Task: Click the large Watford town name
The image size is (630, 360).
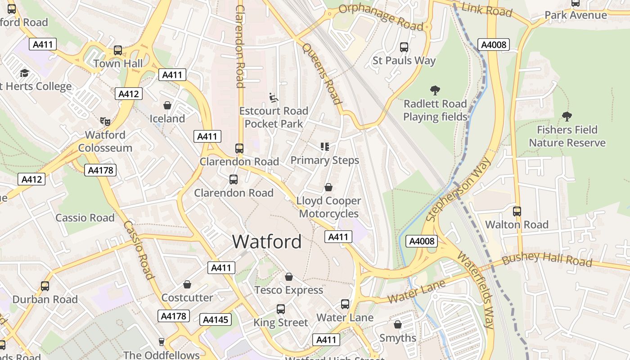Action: click(267, 242)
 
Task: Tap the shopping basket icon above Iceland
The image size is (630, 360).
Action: click(167, 105)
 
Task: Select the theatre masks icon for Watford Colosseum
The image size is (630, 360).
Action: click(105, 121)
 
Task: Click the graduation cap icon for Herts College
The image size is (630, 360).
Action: click(24, 73)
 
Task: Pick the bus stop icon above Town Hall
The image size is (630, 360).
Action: click(118, 50)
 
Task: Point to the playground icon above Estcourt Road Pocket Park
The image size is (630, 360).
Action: click(273, 98)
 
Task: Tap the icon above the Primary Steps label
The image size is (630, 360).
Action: click(324, 147)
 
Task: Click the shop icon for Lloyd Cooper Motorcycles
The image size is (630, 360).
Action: click(329, 187)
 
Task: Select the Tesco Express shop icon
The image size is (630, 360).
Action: click(289, 277)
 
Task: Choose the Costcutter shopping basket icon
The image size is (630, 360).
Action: click(187, 284)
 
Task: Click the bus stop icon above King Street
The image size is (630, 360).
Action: click(281, 309)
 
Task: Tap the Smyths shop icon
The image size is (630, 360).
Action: click(398, 324)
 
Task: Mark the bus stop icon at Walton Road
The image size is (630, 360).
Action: click(517, 211)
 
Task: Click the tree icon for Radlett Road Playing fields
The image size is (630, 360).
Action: click(435, 90)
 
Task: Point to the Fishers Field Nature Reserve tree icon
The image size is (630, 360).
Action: click(567, 117)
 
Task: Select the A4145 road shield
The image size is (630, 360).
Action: click(216, 319)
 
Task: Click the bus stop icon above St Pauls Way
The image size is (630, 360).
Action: click(404, 47)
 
